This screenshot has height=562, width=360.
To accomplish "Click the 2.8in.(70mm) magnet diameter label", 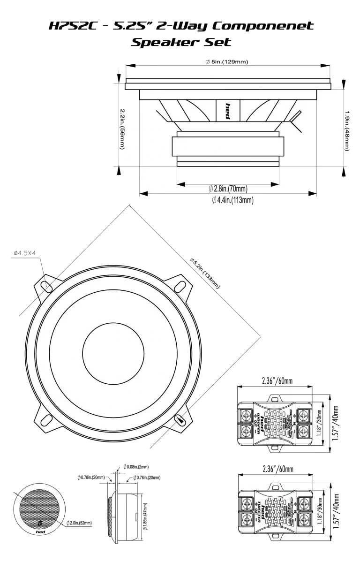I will tap(228, 189).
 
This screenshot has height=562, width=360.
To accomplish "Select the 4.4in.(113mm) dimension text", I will tap(233, 200).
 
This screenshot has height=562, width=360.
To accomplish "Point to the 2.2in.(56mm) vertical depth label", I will tap(122, 129).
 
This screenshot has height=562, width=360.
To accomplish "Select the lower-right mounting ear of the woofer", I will tap(180, 420).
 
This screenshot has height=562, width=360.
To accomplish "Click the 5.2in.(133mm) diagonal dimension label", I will tap(204, 273).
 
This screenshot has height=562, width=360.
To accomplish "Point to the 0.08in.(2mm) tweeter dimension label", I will tap(136, 467).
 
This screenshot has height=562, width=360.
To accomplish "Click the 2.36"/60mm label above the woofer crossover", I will tap(277, 381).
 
